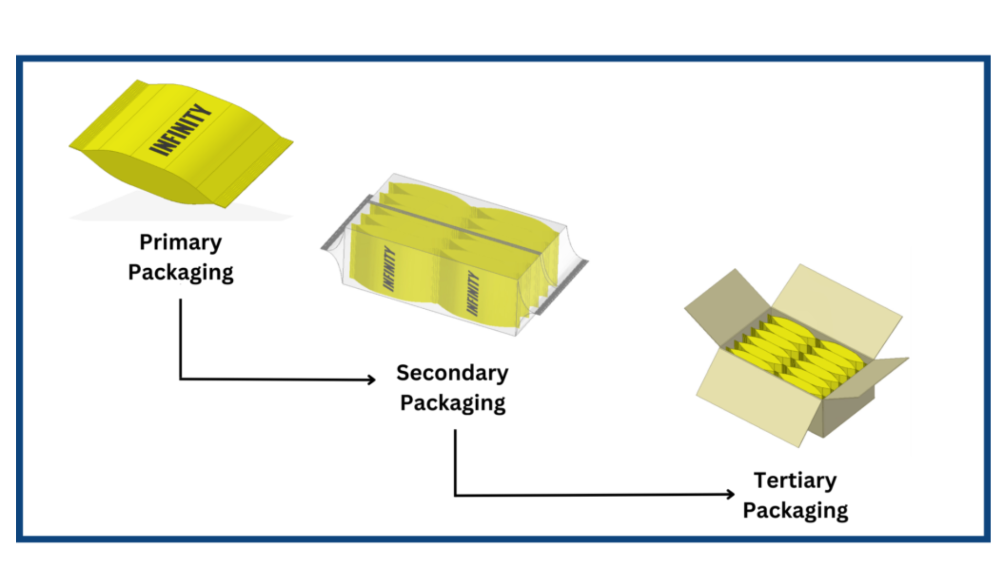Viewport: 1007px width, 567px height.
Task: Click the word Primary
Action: point(180,243)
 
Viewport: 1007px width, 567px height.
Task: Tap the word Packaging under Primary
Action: point(180,273)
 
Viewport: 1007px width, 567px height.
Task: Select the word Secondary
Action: point(452,373)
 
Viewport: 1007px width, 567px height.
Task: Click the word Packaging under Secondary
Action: point(452,403)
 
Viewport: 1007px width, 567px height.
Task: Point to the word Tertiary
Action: point(795,480)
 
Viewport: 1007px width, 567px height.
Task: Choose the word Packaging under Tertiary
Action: point(795,510)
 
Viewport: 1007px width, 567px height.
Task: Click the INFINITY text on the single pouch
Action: point(180,130)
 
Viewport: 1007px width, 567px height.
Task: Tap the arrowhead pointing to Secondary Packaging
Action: point(371,379)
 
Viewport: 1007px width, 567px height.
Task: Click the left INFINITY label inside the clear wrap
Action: point(389,268)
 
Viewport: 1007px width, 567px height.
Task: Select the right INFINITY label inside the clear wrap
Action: point(473,293)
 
